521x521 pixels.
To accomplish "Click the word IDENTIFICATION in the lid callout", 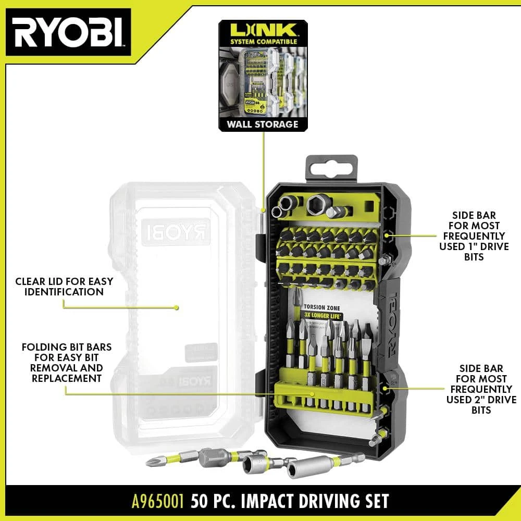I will point(59,292).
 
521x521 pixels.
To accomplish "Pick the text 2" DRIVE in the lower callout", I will point(481,400).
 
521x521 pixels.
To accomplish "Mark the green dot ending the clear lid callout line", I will point(177,307).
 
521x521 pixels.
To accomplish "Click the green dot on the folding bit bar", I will point(312,393).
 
